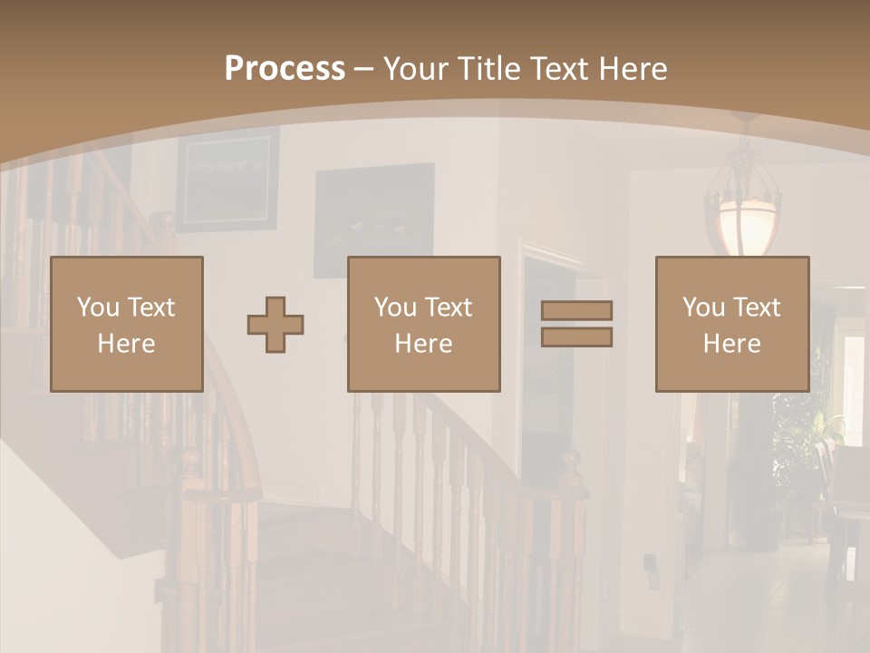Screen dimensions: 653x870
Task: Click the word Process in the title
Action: [x=285, y=69]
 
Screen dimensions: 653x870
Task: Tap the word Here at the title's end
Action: [x=631, y=69]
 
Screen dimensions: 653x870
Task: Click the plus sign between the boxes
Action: [x=275, y=324]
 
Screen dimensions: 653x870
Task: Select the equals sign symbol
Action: [x=576, y=324]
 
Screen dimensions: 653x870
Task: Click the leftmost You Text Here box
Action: [x=126, y=324]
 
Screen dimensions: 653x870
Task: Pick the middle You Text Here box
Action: [x=423, y=324]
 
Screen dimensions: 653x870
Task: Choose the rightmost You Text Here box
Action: [x=731, y=324]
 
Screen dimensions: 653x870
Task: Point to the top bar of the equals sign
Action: [x=576, y=310]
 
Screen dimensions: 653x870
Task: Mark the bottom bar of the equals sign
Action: [x=576, y=337]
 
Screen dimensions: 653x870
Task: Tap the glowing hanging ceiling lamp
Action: [x=747, y=222]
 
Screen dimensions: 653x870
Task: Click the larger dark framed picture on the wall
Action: [x=373, y=220]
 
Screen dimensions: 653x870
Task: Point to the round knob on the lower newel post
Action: [x=571, y=458]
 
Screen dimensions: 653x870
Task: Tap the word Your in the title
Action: [x=412, y=69]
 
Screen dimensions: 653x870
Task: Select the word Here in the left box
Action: [x=126, y=343]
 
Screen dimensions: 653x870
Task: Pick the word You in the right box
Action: [x=702, y=307]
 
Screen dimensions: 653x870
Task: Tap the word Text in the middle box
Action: [x=448, y=307]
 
